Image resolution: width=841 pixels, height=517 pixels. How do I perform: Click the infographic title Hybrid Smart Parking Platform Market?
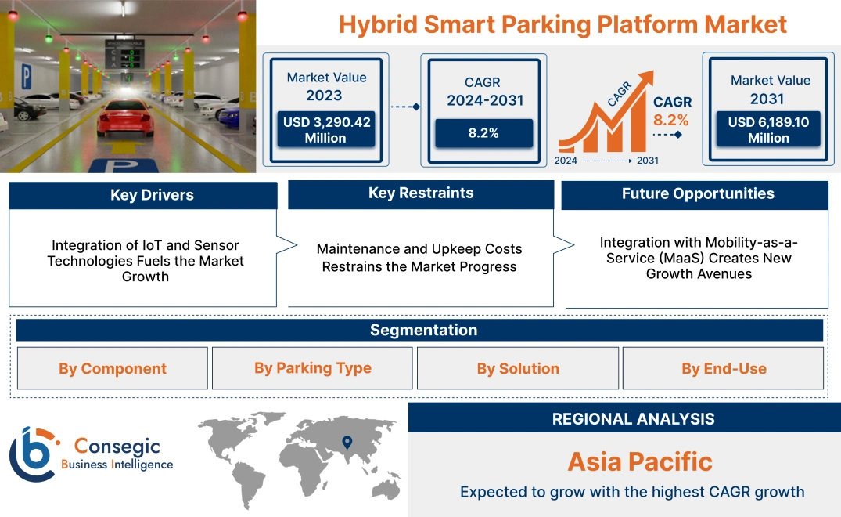[562, 23]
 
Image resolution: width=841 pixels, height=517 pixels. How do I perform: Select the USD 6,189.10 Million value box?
[768, 130]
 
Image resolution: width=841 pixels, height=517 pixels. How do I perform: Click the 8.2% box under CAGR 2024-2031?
[483, 133]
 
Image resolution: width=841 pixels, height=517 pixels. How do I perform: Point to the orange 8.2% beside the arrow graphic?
[670, 120]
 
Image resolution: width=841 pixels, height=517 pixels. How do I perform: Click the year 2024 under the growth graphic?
[566, 161]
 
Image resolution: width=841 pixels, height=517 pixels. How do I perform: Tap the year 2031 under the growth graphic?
[647, 161]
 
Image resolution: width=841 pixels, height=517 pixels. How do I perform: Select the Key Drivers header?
[142, 195]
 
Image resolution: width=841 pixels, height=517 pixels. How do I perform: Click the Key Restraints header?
[421, 193]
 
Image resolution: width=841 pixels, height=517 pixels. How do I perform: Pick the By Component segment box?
[113, 368]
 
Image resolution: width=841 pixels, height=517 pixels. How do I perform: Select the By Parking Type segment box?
[312, 368]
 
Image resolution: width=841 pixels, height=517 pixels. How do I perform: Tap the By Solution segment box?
[518, 368]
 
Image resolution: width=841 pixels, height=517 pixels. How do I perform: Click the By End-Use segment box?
[723, 368]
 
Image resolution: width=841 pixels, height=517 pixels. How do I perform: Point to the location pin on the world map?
[347, 443]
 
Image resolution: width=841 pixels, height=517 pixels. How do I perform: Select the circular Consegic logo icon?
[32, 454]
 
